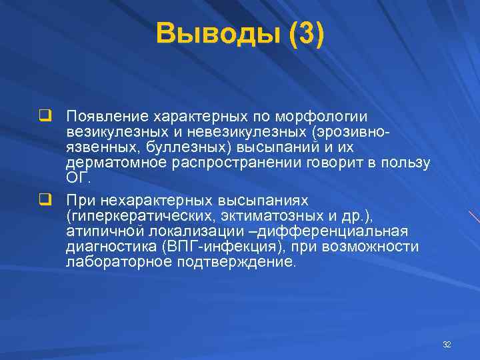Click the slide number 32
click(447, 345)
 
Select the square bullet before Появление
click(45, 116)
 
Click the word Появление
click(109, 117)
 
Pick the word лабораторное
click(117, 262)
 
